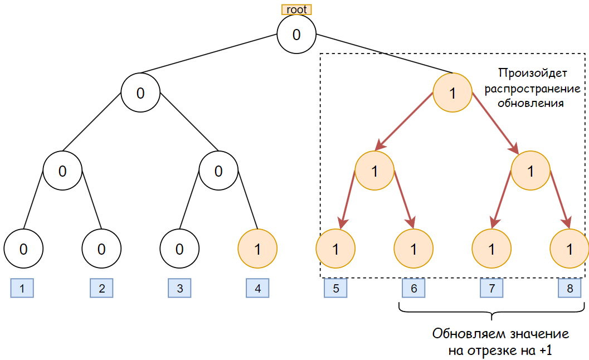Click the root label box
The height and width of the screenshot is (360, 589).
tap(296, 9)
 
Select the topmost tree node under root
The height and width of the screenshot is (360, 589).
tap(296, 34)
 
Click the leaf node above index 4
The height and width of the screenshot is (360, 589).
tap(257, 249)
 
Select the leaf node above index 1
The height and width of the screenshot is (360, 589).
tap(23, 249)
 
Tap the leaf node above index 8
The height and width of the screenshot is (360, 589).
tap(569, 249)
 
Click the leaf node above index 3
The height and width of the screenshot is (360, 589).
tap(179, 249)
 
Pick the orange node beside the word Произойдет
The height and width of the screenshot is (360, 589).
tap(452, 93)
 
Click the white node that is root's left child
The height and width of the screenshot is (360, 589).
tap(140, 93)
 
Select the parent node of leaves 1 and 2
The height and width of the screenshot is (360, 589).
tap(62, 171)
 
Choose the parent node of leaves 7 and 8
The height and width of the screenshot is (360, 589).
tap(530, 171)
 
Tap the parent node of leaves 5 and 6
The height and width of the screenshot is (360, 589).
tap(374, 171)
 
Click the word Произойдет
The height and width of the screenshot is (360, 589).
tap(531, 72)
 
